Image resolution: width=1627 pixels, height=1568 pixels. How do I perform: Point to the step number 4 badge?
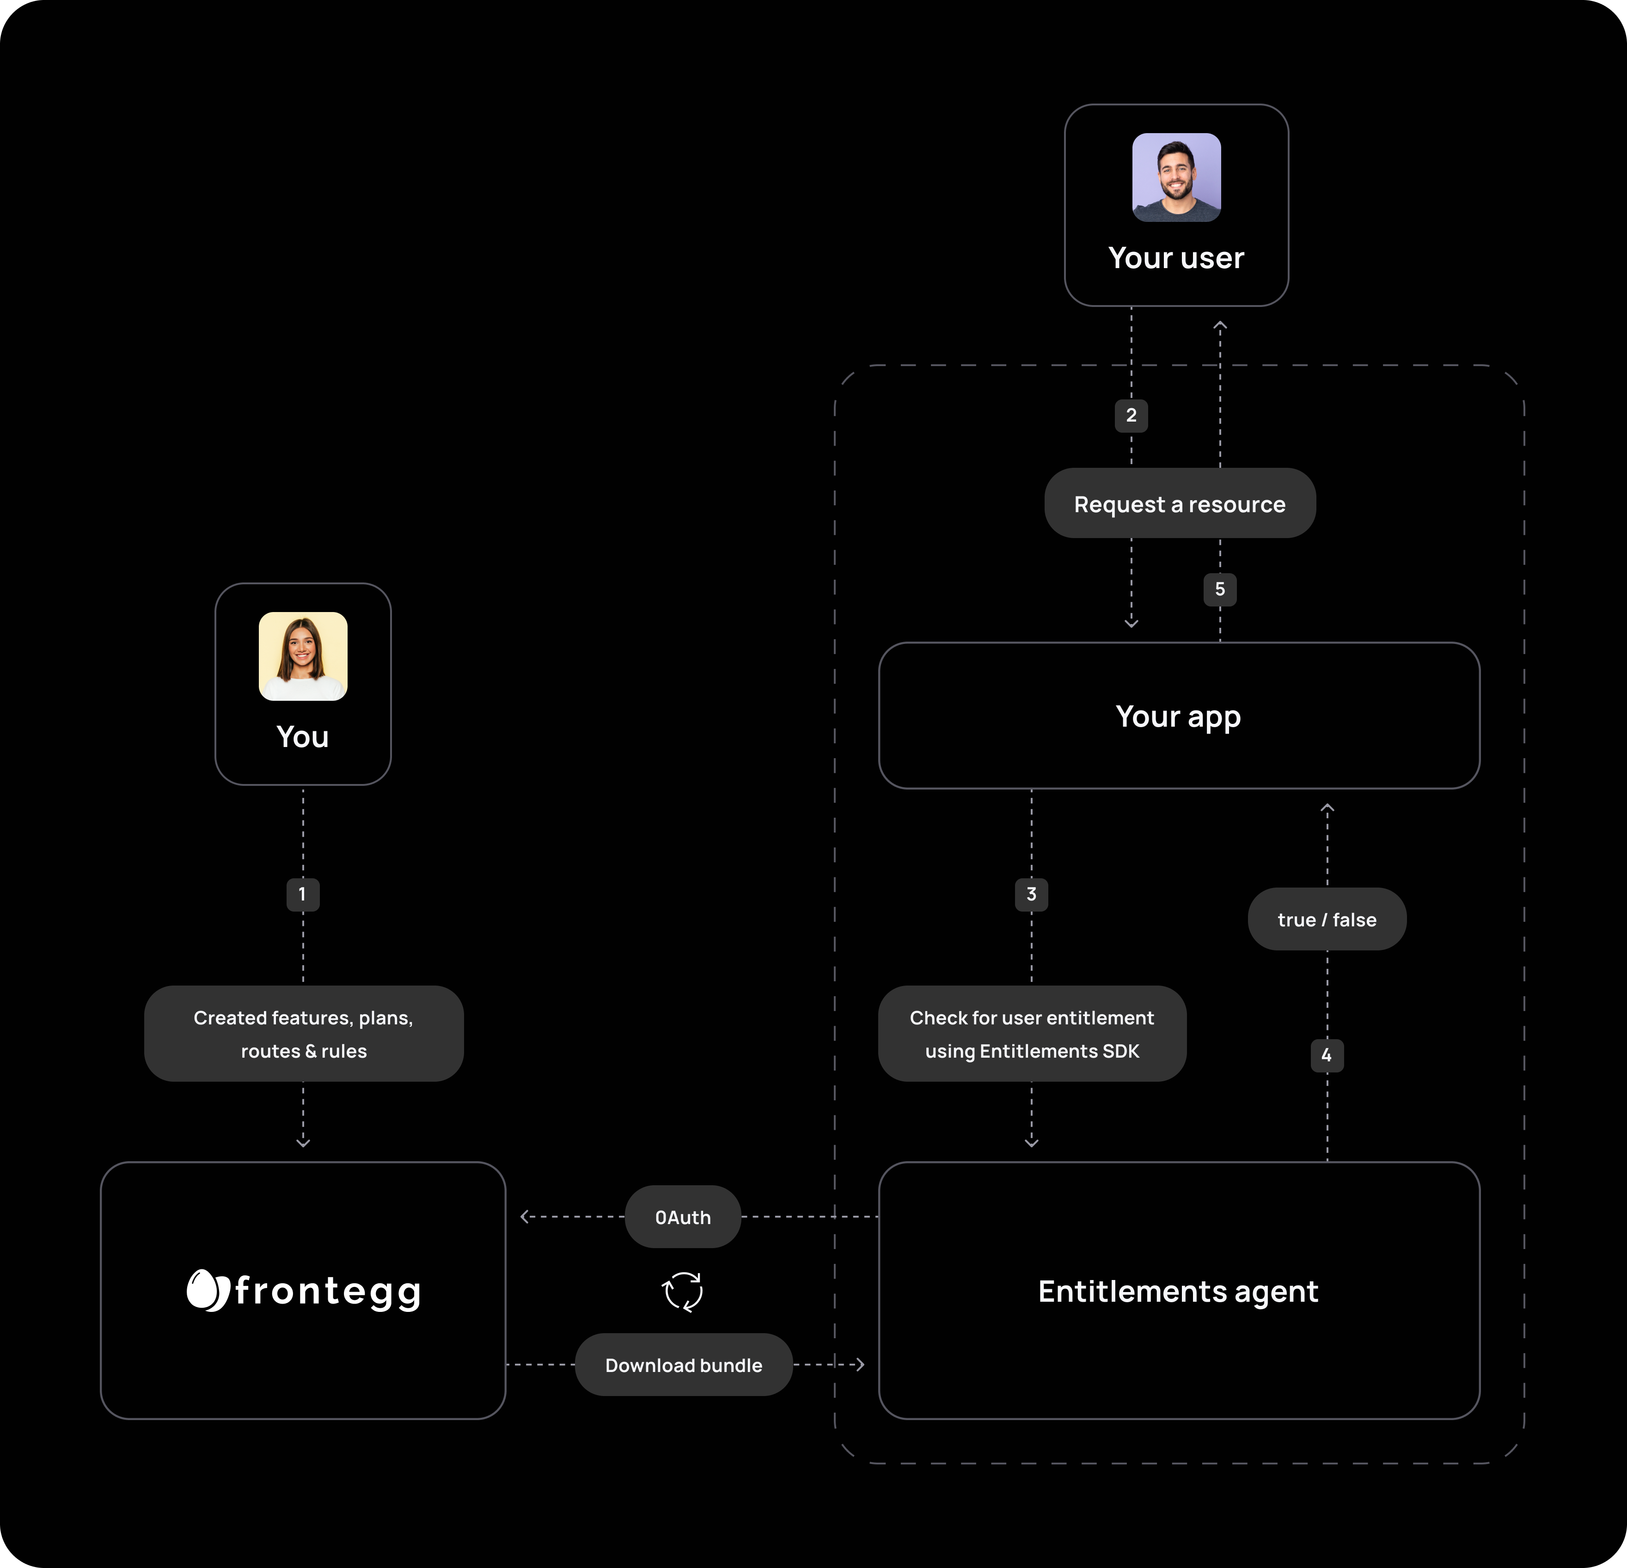(1327, 1055)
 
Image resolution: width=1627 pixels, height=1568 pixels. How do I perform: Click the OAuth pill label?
(682, 1217)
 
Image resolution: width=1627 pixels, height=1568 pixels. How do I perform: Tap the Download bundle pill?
(683, 1365)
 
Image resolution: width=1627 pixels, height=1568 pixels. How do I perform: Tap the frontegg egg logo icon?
(206, 1290)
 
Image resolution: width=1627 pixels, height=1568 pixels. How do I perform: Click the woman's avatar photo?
(303, 656)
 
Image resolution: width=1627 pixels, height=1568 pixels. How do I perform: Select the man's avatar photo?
(1176, 177)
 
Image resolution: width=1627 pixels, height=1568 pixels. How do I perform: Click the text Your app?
(1178, 717)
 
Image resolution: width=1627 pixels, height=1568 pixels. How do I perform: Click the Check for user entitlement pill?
(1032, 1034)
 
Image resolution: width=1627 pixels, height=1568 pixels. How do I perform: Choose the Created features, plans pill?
(303, 1034)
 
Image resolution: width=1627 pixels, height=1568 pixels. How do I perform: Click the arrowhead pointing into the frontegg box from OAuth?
(525, 1217)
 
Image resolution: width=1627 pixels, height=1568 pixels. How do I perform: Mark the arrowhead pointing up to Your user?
(1219, 326)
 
